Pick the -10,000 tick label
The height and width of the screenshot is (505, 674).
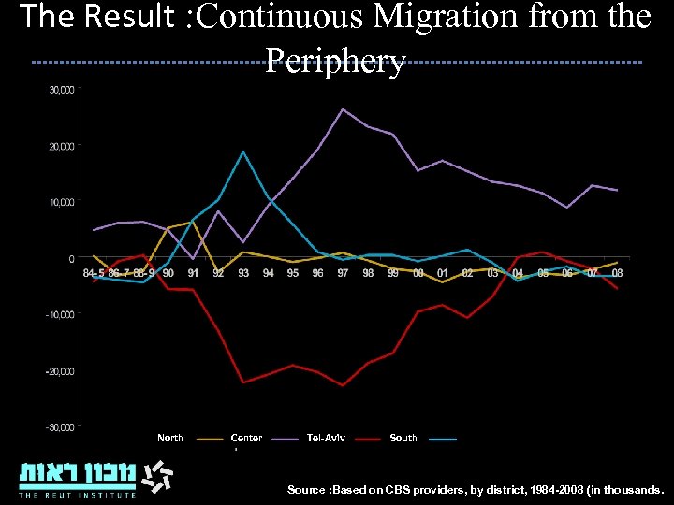(x=61, y=314)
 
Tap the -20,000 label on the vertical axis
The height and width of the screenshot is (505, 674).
(x=61, y=371)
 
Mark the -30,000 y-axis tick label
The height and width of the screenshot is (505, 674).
(x=61, y=427)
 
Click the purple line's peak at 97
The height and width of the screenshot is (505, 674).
(x=343, y=109)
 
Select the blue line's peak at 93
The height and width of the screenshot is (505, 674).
(x=243, y=151)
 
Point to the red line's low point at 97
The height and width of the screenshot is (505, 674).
(x=343, y=385)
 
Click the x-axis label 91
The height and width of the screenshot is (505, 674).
(x=193, y=273)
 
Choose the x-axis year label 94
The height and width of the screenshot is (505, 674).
(x=269, y=273)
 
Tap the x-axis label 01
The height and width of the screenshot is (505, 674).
(x=443, y=273)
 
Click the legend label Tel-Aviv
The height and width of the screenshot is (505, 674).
(x=326, y=438)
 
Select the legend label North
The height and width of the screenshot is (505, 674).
(x=170, y=438)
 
